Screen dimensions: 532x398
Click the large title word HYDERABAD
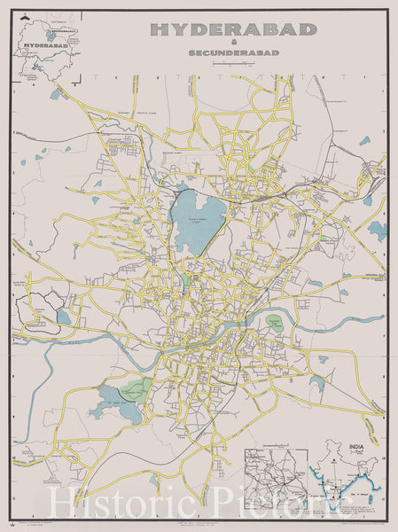click(233, 29)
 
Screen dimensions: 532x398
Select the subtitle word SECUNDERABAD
click(234, 53)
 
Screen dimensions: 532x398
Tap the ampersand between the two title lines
click(234, 43)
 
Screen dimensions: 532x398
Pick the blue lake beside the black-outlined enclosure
click(63, 317)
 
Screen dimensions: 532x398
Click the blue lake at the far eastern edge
click(378, 231)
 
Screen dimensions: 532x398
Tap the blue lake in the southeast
click(317, 382)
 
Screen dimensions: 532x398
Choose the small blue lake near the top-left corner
click(57, 93)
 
